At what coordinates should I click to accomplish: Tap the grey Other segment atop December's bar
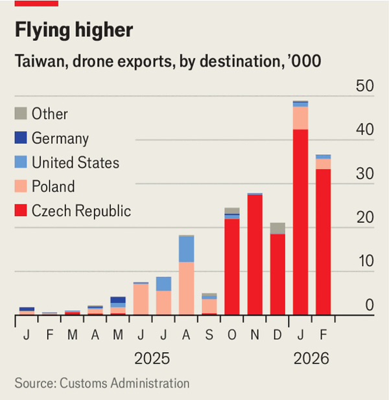[x=277, y=228]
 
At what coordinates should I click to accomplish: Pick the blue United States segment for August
[x=187, y=249]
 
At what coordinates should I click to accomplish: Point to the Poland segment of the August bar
[x=187, y=288]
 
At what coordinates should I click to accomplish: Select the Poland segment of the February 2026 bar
[x=323, y=164]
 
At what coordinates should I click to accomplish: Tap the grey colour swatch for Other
[x=21, y=113]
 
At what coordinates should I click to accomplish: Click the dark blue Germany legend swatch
[x=21, y=138]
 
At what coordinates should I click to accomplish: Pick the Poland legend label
[x=53, y=187]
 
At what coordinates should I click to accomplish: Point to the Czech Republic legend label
[x=81, y=211]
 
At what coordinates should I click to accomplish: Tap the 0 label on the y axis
[x=370, y=305]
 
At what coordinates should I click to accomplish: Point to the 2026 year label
[x=312, y=359]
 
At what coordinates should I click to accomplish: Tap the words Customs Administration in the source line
[x=124, y=383]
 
